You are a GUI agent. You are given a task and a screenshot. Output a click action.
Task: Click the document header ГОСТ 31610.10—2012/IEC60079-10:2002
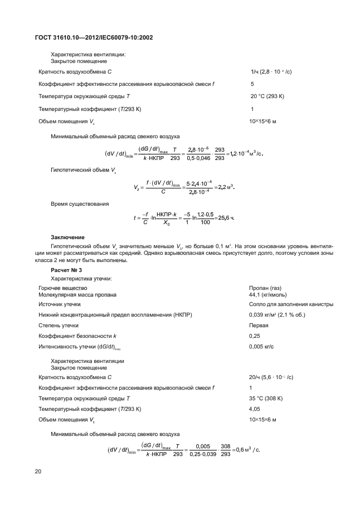click(94, 37)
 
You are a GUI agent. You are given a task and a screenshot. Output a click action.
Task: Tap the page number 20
click(38, 472)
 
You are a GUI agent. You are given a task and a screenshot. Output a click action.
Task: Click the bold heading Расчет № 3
click(66, 269)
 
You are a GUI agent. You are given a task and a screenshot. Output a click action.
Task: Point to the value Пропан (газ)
click(265, 288)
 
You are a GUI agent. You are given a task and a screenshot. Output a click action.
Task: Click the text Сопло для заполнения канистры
click(291, 304)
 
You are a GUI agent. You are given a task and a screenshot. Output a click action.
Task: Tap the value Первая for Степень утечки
click(259, 326)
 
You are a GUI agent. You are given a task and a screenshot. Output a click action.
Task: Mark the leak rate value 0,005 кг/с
click(262, 346)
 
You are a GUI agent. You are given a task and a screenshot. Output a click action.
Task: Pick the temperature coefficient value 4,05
click(255, 409)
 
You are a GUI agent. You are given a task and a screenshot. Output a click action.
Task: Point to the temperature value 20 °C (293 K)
click(267, 96)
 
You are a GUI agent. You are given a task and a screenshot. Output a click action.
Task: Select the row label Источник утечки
click(59, 304)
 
